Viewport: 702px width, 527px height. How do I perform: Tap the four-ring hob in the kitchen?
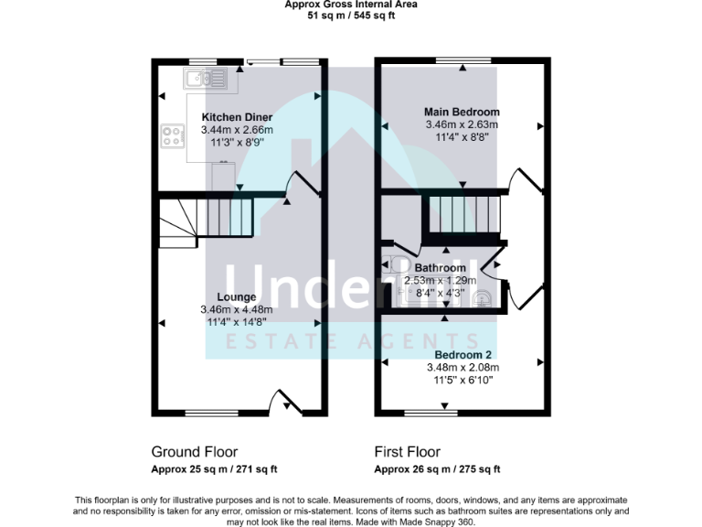coord(171,136)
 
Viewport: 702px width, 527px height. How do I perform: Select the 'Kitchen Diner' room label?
coord(237,118)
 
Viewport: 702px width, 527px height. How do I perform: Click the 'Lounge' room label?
coord(236,296)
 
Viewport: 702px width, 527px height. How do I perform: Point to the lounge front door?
coord(285,401)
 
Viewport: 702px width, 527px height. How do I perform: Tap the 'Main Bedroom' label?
coord(462,112)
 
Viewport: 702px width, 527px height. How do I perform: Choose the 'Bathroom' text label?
coord(441,268)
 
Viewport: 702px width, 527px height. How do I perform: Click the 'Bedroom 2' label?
coord(463,355)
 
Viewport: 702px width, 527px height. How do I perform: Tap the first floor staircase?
coord(462,216)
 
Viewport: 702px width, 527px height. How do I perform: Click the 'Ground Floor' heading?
coord(194,452)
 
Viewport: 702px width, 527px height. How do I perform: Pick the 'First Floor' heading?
coord(407,452)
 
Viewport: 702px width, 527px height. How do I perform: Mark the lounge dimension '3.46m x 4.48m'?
coord(236,309)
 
